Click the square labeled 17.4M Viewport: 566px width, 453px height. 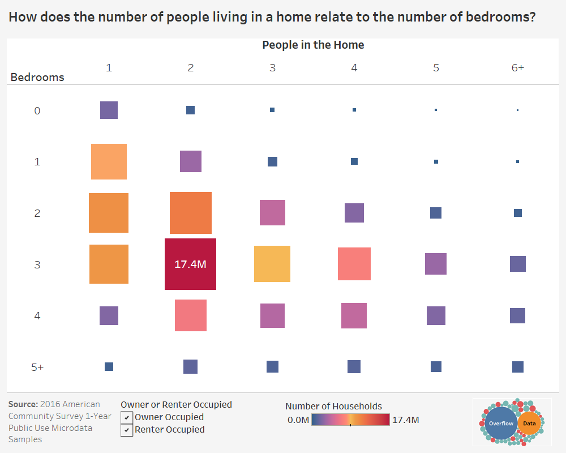(x=190, y=264)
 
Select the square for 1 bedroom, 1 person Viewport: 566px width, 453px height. (x=109, y=161)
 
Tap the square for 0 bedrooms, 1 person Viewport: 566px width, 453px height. (x=109, y=110)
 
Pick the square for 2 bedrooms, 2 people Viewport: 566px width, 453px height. (x=190, y=213)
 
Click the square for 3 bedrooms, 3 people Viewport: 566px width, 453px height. (x=272, y=264)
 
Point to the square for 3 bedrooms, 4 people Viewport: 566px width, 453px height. (x=354, y=264)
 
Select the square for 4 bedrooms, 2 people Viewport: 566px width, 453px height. (x=190, y=315)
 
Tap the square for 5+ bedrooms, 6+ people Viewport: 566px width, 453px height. (x=518, y=367)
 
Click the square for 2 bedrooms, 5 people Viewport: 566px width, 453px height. (x=436, y=213)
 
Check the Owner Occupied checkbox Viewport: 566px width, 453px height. (x=127, y=417)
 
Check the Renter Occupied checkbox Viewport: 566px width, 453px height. (x=127, y=430)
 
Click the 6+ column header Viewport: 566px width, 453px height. (x=517, y=67)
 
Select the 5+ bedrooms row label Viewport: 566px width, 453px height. (x=37, y=367)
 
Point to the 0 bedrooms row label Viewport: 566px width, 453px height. (x=37, y=110)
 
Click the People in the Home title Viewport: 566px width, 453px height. (x=313, y=45)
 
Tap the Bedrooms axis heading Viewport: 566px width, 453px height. (x=37, y=77)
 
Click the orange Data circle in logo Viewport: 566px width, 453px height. (x=530, y=424)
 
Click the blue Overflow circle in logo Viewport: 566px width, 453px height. (x=501, y=424)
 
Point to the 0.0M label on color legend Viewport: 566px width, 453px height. (x=298, y=420)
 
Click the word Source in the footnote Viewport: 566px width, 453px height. (x=23, y=404)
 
